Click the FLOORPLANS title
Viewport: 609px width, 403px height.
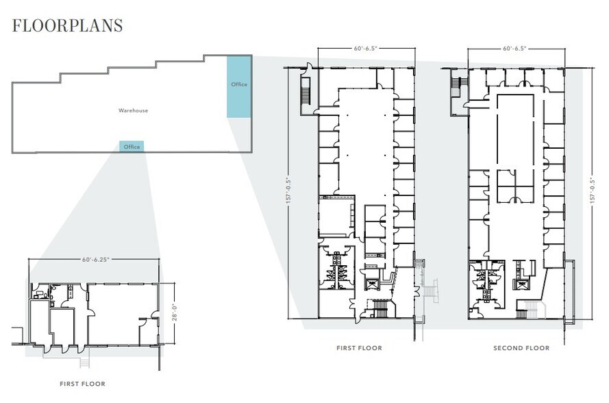pos(68,26)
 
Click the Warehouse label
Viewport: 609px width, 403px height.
pos(133,110)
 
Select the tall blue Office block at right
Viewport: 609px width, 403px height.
pos(238,86)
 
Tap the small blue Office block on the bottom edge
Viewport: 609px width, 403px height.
pos(132,147)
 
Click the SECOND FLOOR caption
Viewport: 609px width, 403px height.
pos(521,348)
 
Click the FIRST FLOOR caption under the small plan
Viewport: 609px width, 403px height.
pos(82,384)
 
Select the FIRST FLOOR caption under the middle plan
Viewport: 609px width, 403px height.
pos(359,348)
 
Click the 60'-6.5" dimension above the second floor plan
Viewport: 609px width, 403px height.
pos(516,49)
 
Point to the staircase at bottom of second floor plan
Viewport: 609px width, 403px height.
pos(528,310)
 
